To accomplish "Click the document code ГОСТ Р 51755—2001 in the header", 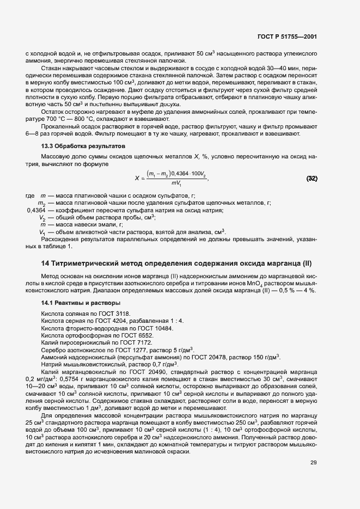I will pyautogui.click(x=287, y=37).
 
